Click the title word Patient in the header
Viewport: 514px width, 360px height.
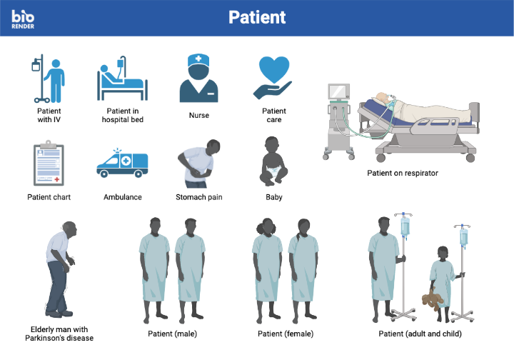coord(257,17)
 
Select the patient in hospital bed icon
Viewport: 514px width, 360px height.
coord(121,79)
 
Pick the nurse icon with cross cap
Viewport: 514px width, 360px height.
coord(198,79)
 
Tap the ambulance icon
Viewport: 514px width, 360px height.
coord(122,165)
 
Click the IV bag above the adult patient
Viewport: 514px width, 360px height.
coord(405,228)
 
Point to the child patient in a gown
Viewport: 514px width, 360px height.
coord(440,279)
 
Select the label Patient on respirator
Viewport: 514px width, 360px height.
coord(402,173)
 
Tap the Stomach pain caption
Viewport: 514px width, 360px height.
coord(200,196)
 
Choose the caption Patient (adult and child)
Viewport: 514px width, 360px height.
coord(420,334)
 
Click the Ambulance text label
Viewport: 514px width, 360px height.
coord(123,196)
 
